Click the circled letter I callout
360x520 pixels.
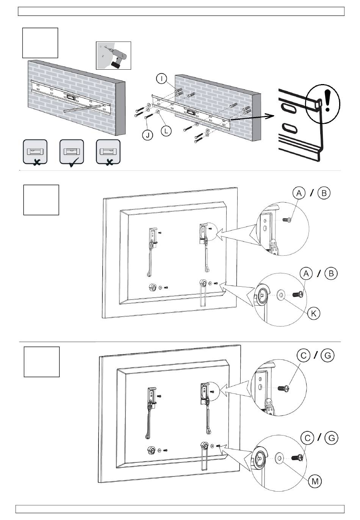pyautogui.click(x=161, y=79)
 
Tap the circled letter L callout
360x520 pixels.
pyautogui.click(x=166, y=131)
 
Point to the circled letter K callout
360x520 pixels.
pyautogui.click(x=314, y=313)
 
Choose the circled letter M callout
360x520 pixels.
pyautogui.click(x=315, y=481)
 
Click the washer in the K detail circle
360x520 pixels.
pyautogui.click(x=282, y=294)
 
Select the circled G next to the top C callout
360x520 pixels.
pyautogui.click(x=327, y=356)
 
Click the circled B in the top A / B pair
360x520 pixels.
pyautogui.click(x=324, y=193)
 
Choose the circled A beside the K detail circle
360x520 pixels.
pyautogui.click(x=306, y=273)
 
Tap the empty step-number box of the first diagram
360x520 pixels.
pyautogui.click(x=40, y=43)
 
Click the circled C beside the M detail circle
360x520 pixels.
pyautogui.click(x=308, y=438)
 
